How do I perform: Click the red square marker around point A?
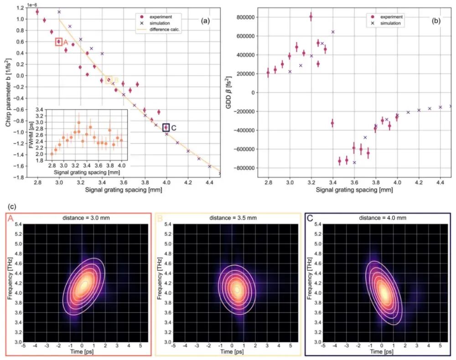[58, 42]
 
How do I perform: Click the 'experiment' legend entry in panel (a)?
[157, 17]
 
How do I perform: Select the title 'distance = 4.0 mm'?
[381, 218]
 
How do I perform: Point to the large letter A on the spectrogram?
[10, 219]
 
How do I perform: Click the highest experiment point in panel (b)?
[311, 17]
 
